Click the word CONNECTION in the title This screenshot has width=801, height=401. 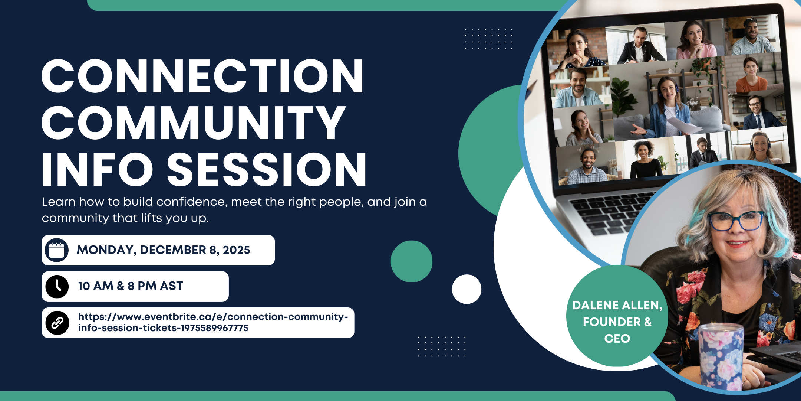coord(202,76)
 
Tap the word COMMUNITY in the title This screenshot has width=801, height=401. coord(194,123)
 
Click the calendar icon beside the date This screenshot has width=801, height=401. coord(57,250)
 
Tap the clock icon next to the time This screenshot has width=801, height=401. coord(57,287)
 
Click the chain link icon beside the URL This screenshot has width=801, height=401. coord(57,323)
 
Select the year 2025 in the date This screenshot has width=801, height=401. coord(236,250)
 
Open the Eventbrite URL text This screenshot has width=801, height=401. coord(213,322)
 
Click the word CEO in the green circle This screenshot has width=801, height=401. coord(617,339)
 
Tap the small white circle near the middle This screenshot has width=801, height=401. coord(467,289)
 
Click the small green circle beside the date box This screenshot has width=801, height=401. coord(411,261)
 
